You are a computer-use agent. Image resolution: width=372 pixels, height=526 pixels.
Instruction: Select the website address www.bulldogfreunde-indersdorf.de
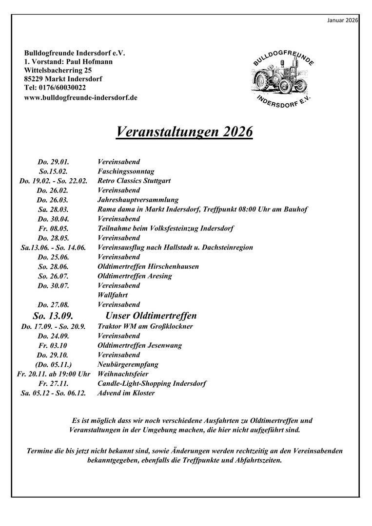(80, 97)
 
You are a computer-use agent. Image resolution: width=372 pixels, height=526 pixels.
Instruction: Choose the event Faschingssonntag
(126, 171)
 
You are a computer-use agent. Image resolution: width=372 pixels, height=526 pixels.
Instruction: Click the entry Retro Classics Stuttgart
(134, 181)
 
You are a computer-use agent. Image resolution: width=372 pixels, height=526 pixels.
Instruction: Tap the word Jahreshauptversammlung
(138, 200)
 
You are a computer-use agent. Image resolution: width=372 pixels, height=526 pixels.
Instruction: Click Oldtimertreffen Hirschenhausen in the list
(148, 266)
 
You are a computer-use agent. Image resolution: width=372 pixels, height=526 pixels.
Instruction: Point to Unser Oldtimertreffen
(151, 316)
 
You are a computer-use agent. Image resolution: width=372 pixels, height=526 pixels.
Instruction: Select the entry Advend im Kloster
(126, 393)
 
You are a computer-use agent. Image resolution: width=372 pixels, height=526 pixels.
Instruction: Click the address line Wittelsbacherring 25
(57, 70)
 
